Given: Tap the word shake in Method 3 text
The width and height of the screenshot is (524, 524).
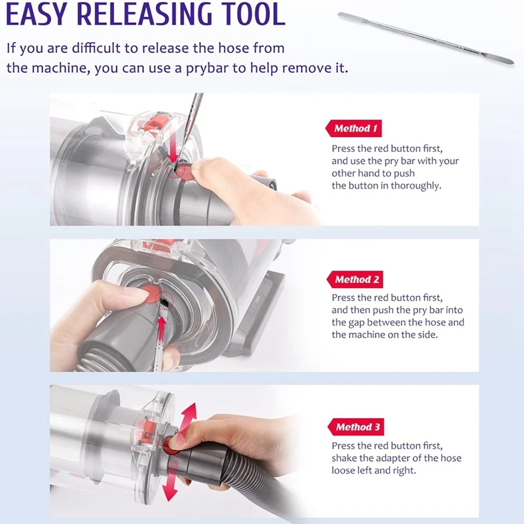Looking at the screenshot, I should pos(345,458).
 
